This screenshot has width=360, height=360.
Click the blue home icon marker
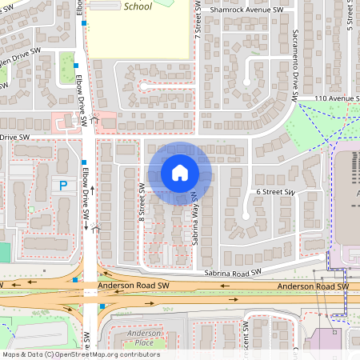click(180, 173)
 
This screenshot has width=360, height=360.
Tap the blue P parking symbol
click(62, 186)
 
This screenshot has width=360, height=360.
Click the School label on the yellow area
click(138, 6)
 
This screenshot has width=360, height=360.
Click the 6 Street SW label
click(276, 193)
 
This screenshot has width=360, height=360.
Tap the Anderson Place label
click(145, 338)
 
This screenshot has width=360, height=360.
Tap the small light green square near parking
click(31, 210)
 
